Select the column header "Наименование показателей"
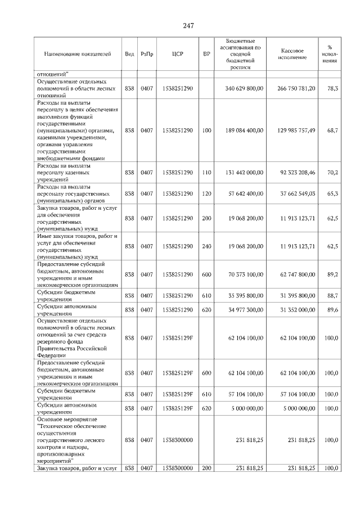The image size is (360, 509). click(78, 54)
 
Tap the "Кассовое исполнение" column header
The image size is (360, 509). click(291, 54)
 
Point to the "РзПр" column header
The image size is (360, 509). click(146, 54)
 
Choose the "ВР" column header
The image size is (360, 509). click(206, 54)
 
